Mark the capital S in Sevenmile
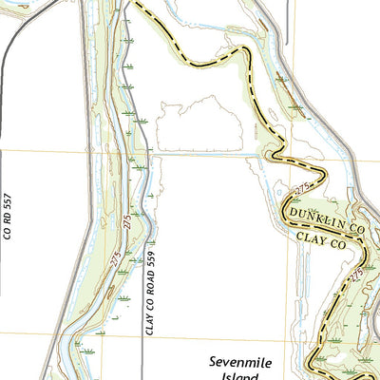coord(213,361)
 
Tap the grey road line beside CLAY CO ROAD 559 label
coord(142,285)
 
